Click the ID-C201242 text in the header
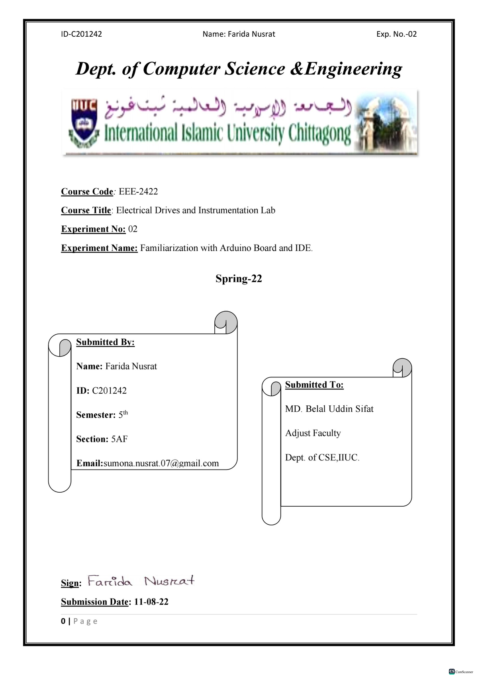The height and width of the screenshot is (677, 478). (x=81, y=34)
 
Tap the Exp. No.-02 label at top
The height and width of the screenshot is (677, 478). (x=396, y=34)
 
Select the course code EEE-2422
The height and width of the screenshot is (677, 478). (x=138, y=191)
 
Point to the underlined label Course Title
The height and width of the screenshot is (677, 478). (x=86, y=210)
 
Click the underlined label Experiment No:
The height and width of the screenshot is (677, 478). (x=93, y=229)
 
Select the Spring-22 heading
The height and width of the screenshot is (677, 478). (x=239, y=278)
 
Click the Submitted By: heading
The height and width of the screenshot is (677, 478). (x=105, y=342)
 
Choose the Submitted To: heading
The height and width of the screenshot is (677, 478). (x=314, y=385)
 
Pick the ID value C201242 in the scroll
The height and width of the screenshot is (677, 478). (x=109, y=391)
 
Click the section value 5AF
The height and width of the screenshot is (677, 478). (x=119, y=439)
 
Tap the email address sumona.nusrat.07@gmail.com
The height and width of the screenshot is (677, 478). (x=161, y=463)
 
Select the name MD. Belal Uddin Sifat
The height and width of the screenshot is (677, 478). (x=329, y=409)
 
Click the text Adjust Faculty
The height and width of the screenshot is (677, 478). (x=313, y=433)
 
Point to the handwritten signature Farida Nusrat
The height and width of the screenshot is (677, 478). (x=141, y=581)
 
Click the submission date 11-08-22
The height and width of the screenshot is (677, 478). (x=151, y=602)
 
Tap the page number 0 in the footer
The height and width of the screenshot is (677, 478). (x=63, y=621)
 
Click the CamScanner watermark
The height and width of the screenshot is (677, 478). (x=461, y=671)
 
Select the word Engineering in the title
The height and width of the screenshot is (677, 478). (x=353, y=69)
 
